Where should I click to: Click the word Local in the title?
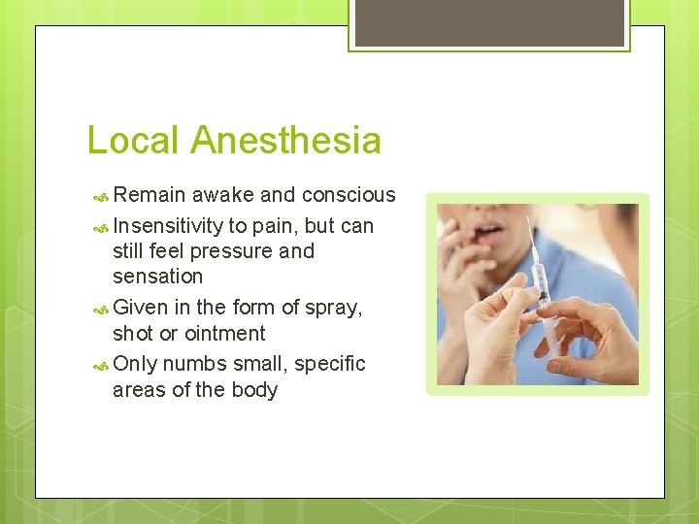click(133, 140)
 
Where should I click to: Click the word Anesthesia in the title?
click(285, 140)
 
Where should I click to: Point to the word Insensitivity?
click(168, 226)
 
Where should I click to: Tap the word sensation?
click(157, 277)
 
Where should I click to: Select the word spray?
click(331, 309)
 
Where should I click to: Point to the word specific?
click(329, 364)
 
